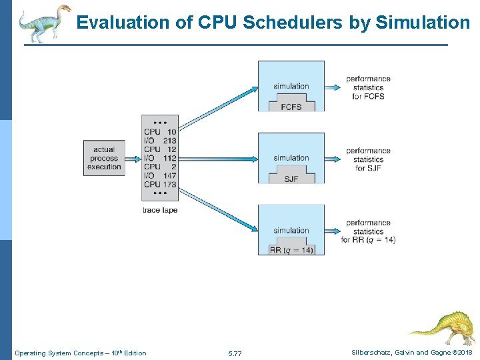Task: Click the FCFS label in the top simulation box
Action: [x=291, y=106]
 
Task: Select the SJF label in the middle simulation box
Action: [x=291, y=179]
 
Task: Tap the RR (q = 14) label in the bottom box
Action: [x=291, y=251]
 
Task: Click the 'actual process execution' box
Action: [x=104, y=158]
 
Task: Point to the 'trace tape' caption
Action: [x=160, y=210]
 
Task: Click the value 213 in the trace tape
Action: [x=169, y=141]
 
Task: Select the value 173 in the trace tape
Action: [x=169, y=184]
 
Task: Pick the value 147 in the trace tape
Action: [x=169, y=175]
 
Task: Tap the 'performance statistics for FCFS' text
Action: [x=368, y=87]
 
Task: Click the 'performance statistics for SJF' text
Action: [x=368, y=159]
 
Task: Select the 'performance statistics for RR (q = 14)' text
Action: [x=368, y=231]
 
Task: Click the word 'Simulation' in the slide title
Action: [x=423, y=23]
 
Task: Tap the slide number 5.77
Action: [x=235, y=353]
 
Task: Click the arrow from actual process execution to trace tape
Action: [x=132, y=159]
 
